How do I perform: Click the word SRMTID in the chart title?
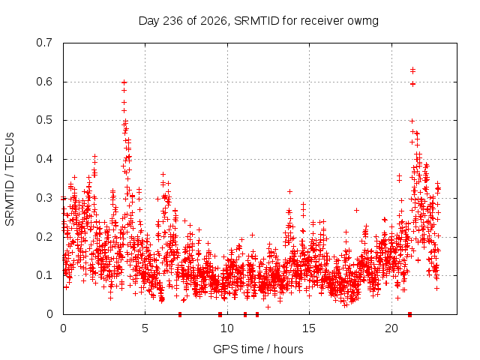[256, 21]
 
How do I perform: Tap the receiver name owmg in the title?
[363, 22]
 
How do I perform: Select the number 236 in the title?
[173, 21]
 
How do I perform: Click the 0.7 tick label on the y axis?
[44, 43]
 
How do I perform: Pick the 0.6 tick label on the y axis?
[44, 82]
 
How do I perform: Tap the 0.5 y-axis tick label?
[44, 120]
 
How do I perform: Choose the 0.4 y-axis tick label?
[44, 159]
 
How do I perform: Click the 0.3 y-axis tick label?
[44, 198]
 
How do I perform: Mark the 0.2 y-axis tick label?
[44, 237]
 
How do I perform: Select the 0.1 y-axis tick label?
[44, 275]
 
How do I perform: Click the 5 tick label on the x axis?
[145, 328]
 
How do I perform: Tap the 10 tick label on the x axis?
[226, 328]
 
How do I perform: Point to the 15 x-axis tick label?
[309, 328]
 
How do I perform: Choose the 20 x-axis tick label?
[391, 328]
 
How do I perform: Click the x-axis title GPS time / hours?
[258, 349]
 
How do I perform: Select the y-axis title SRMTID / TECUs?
[10, 179]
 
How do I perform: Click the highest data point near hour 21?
[412, 70]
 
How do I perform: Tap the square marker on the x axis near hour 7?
[180, 314]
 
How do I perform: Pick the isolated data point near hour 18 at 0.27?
[356, 210]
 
